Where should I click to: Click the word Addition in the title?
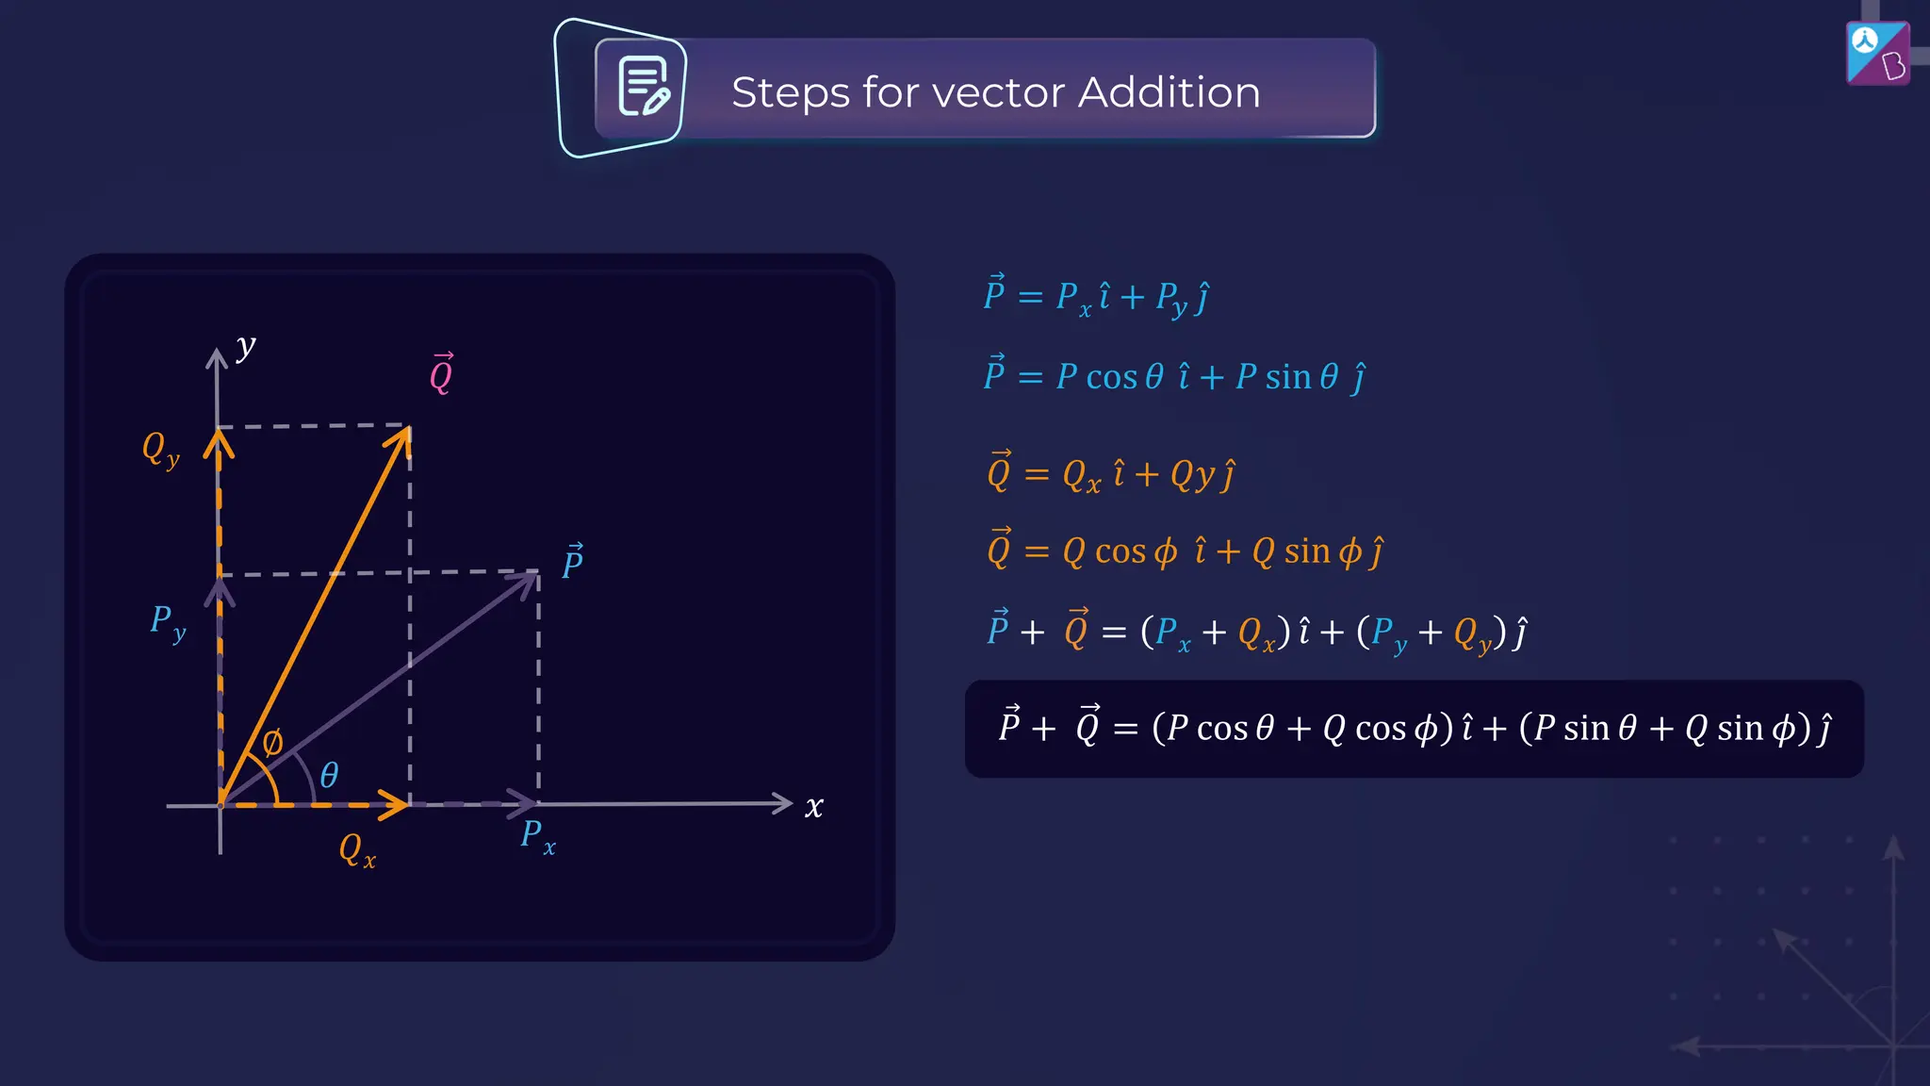[x=1169, y=92]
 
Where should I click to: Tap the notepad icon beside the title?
[x=644, y=87]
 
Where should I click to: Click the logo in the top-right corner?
[x=1877, y=53]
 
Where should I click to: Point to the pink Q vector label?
[x=441, y=373]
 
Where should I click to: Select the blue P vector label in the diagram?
[x=572, y=563]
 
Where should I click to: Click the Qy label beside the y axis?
[x=159, y=449]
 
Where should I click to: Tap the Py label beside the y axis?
[x=168, y=623]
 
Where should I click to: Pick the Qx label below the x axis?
[x=356, y=849]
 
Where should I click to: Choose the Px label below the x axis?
[x=537, y=836]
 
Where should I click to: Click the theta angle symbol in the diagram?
[x=329, y=775]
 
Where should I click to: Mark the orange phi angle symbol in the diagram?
[x=272, y=742]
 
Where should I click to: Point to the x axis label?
[x=814, y=807]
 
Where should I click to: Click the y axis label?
[x=246, y=347]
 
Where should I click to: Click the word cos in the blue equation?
[x=1111, y=377]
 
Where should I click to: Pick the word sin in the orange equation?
[x=1307, y=551]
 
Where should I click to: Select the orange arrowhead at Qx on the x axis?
[x=398, y=804]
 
